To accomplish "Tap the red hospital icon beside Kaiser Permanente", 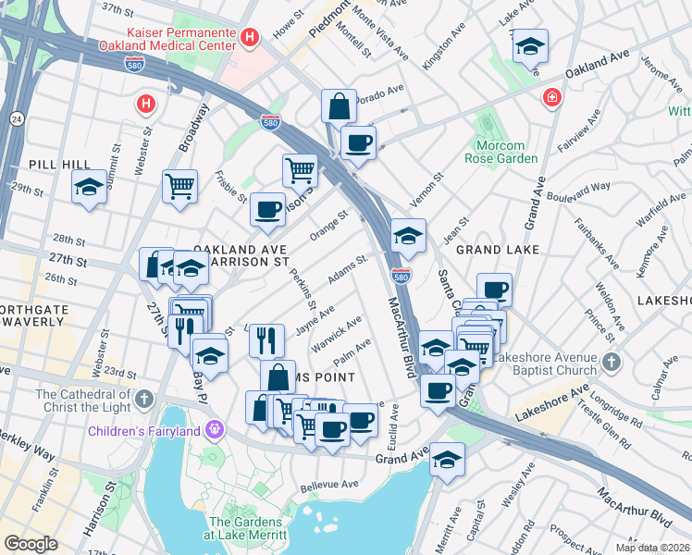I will [249, 37].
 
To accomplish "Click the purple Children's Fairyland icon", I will [216, 429].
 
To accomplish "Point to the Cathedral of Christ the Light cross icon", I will [143, 399].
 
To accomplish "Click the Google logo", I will [31, 543].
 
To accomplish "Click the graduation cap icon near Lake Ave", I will [530, 45].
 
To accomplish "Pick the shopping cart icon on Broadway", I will [179, 184].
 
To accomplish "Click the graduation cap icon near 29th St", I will [89, 188].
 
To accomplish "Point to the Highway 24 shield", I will [17, 118].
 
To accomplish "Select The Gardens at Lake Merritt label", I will [245, 529].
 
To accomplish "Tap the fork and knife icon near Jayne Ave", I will [266, 339].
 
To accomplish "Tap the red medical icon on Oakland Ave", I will [552, 96].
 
